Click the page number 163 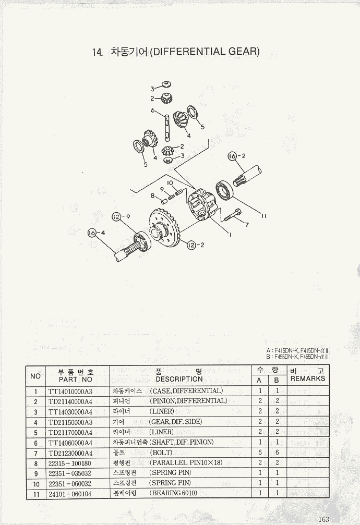[x=323, y=518]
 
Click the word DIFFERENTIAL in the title [x=189, y=52]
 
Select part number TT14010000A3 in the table [x=70, y=390]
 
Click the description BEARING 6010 [x=173, y=493]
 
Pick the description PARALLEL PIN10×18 [x=186, y=462]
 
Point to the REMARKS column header [x=307, y=379]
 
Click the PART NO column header [x=76, y=380]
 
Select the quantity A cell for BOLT [x=259, y=453]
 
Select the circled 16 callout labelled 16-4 [x=95, y=233]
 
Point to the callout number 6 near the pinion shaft [x=153, y=111]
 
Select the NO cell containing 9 [x=35, y=473]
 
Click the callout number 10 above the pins [x=170, y=182]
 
